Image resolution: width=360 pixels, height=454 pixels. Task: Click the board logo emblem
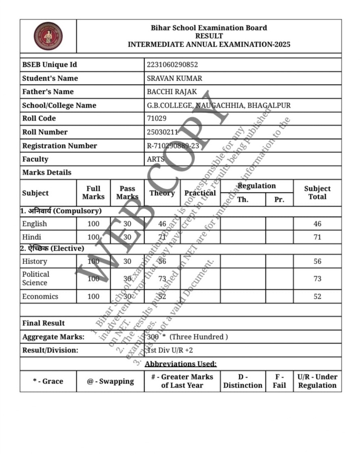(48, 36)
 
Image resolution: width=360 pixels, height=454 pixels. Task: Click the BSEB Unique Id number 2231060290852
(172, 65)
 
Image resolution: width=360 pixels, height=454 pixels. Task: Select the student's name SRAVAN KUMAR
(174, 78)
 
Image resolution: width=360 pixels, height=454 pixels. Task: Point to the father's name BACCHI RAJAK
(172, 92)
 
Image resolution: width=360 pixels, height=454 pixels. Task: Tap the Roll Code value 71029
(157, 118)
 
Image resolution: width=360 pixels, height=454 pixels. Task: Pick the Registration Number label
(60, 146)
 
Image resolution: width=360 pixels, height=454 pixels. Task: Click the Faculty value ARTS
(156, 159)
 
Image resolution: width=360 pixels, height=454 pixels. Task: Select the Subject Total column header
(317, 193)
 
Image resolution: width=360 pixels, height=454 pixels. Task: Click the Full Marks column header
(93, 193)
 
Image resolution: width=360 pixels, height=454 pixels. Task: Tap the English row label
(35, 224)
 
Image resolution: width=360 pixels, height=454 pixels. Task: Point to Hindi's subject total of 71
(318, 237)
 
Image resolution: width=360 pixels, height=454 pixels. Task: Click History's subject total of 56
(318, 261)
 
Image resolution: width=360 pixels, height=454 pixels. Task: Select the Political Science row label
(36, 278)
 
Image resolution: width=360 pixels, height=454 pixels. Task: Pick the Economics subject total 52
(318, 296)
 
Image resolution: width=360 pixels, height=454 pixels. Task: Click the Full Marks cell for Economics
(93, 296)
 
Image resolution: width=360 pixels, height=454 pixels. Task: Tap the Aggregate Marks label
(53, 337)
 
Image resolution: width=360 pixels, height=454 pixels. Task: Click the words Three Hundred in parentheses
(199, 337)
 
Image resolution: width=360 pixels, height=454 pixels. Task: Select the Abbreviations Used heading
(181, 364)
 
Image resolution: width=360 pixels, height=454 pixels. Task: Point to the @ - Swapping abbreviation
(110, 381)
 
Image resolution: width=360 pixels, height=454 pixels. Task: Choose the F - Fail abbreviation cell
(279, 381)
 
